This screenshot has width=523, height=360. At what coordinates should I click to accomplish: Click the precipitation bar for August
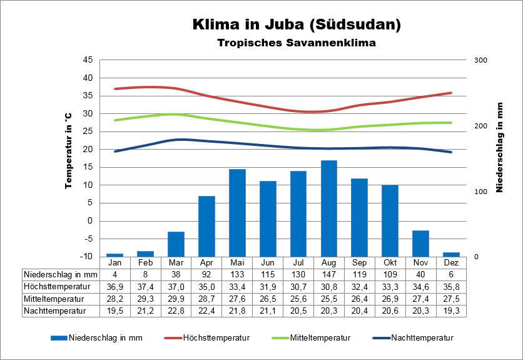coord(329,208)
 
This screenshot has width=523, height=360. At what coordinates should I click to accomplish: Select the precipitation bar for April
coord(206,226)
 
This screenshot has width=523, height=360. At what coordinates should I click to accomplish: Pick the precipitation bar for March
coord(176,244)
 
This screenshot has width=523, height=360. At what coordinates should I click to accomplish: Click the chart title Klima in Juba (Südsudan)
coord(297,25)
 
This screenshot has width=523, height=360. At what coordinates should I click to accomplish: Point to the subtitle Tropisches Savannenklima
coord(297,43)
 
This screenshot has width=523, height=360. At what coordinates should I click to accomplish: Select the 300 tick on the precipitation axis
coord(480,60)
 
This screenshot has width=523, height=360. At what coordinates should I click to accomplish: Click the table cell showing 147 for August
coord(329,274)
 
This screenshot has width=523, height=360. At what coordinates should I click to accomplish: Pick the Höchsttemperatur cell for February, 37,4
coord(145,286)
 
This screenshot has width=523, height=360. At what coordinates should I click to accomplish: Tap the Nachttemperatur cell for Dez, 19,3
coord(452,310)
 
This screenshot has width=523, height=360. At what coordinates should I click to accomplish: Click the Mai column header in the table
coord(237,262)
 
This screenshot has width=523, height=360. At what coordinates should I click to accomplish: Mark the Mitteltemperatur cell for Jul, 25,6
coord(298,298)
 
